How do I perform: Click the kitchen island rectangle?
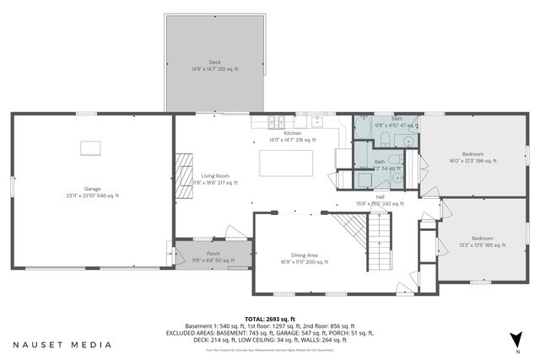[286, 163]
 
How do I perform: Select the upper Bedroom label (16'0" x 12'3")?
[472, 157]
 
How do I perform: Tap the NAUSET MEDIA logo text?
[62, 344]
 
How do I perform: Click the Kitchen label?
[292, 135]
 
